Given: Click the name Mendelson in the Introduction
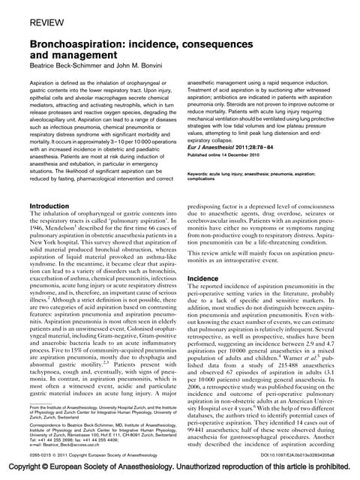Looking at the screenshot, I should click(x=67, y=229).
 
